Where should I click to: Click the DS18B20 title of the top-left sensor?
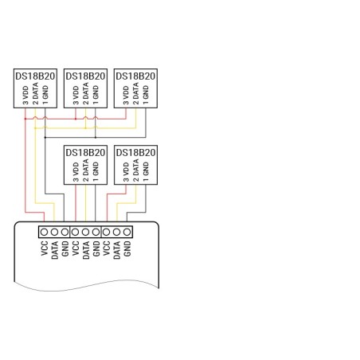[35, 76]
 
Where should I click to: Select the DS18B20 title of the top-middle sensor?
[85, 76]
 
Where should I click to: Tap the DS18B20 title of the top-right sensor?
[135, 76]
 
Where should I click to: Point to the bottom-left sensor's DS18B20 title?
[85, 153]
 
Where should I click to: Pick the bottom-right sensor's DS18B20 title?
[135, 153]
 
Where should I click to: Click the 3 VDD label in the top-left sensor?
[25, 95]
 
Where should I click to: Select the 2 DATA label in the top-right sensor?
[135, 93]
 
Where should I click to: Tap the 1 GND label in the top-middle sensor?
[96, 95]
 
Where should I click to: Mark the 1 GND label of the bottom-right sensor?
[146, 171]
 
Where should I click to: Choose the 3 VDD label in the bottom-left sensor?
[76, 172]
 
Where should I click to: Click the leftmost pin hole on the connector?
[44, 232]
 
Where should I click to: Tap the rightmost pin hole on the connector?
[127, 232]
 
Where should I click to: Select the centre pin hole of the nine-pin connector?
[85, 232]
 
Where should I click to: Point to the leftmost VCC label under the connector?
[45, 248]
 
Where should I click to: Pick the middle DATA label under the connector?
[86, 250]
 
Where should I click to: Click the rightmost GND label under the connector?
[127, 248]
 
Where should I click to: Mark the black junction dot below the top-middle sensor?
[96, 138]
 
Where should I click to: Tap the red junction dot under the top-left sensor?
[25, 119]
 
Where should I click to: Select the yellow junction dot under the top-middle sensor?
[85, 128]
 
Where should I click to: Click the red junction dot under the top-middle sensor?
[76, 119]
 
